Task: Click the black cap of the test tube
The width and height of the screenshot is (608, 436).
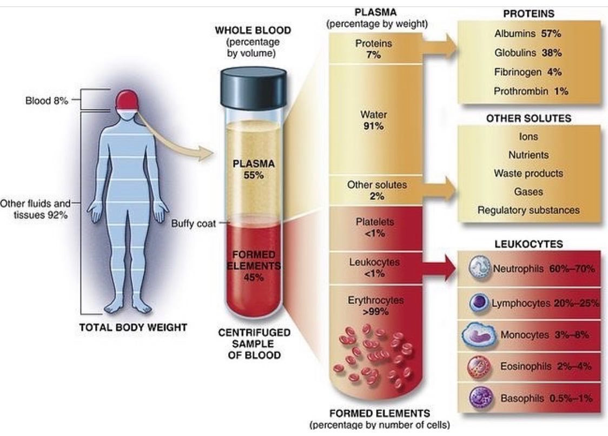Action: pyautogui.click(x=253, y=88)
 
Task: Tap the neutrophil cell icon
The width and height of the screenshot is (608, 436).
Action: pyautogui.click(x=480, y=268)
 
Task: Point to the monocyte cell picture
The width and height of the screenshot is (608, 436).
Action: pyautogui.click(x=479, y=335)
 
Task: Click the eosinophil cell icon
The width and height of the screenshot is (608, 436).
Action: pyautogui.click(x=480, y=367)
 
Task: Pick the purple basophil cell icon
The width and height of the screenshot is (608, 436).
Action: pyautogui.click(x=481, y=398)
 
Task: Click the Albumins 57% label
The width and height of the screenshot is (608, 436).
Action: pyautogui.click(x=528, y=34)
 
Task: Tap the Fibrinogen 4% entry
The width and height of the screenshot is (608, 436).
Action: pyautogui.click(x=528, y=72)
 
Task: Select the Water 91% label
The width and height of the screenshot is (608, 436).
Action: pyautogui.click(x=373, y=120)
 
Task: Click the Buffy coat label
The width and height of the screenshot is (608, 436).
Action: pyautogui.click(x=194, y=224)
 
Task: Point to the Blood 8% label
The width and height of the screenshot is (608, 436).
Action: pyautogui.click(x=47, y=101)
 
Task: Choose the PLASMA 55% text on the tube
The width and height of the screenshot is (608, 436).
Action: pyautogui.click(x=254, y=169)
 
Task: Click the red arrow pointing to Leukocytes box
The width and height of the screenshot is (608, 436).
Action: pyautogui.click(x=439, y=268)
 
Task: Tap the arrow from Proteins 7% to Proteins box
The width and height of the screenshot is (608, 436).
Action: pyautogui.click(x=439, y=47)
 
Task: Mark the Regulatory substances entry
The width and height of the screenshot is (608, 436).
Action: pyautogui.click(x=528, y=210)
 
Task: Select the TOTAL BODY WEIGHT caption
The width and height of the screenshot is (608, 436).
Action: pyautogui.click(x=134, y=328)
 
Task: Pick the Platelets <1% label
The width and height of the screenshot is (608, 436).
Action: pyautogui.click(x=374, y=228)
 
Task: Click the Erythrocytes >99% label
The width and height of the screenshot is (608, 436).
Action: pyautogui.click(x=375, y=306)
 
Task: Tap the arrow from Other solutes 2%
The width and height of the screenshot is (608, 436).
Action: pyautogui.click(x=439, y=190)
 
